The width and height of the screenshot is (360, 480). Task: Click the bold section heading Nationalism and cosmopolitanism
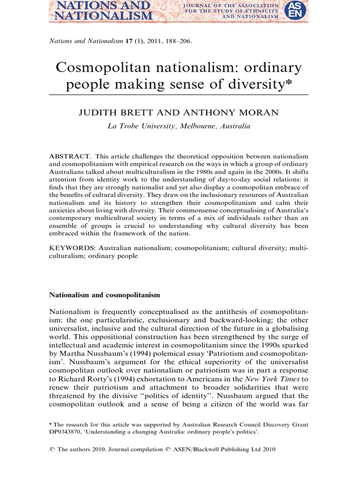[105, 295]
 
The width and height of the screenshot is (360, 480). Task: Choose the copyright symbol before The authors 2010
[52, 449]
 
